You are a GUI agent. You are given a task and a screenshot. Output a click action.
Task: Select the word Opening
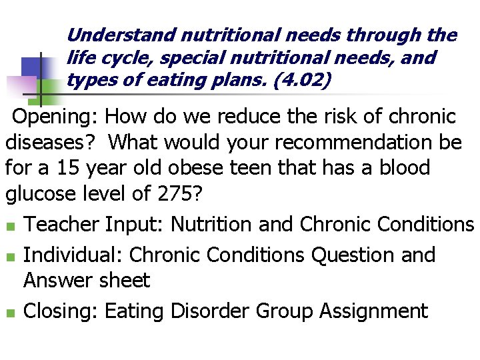55,117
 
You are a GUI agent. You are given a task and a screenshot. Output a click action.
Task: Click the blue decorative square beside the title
35,67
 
